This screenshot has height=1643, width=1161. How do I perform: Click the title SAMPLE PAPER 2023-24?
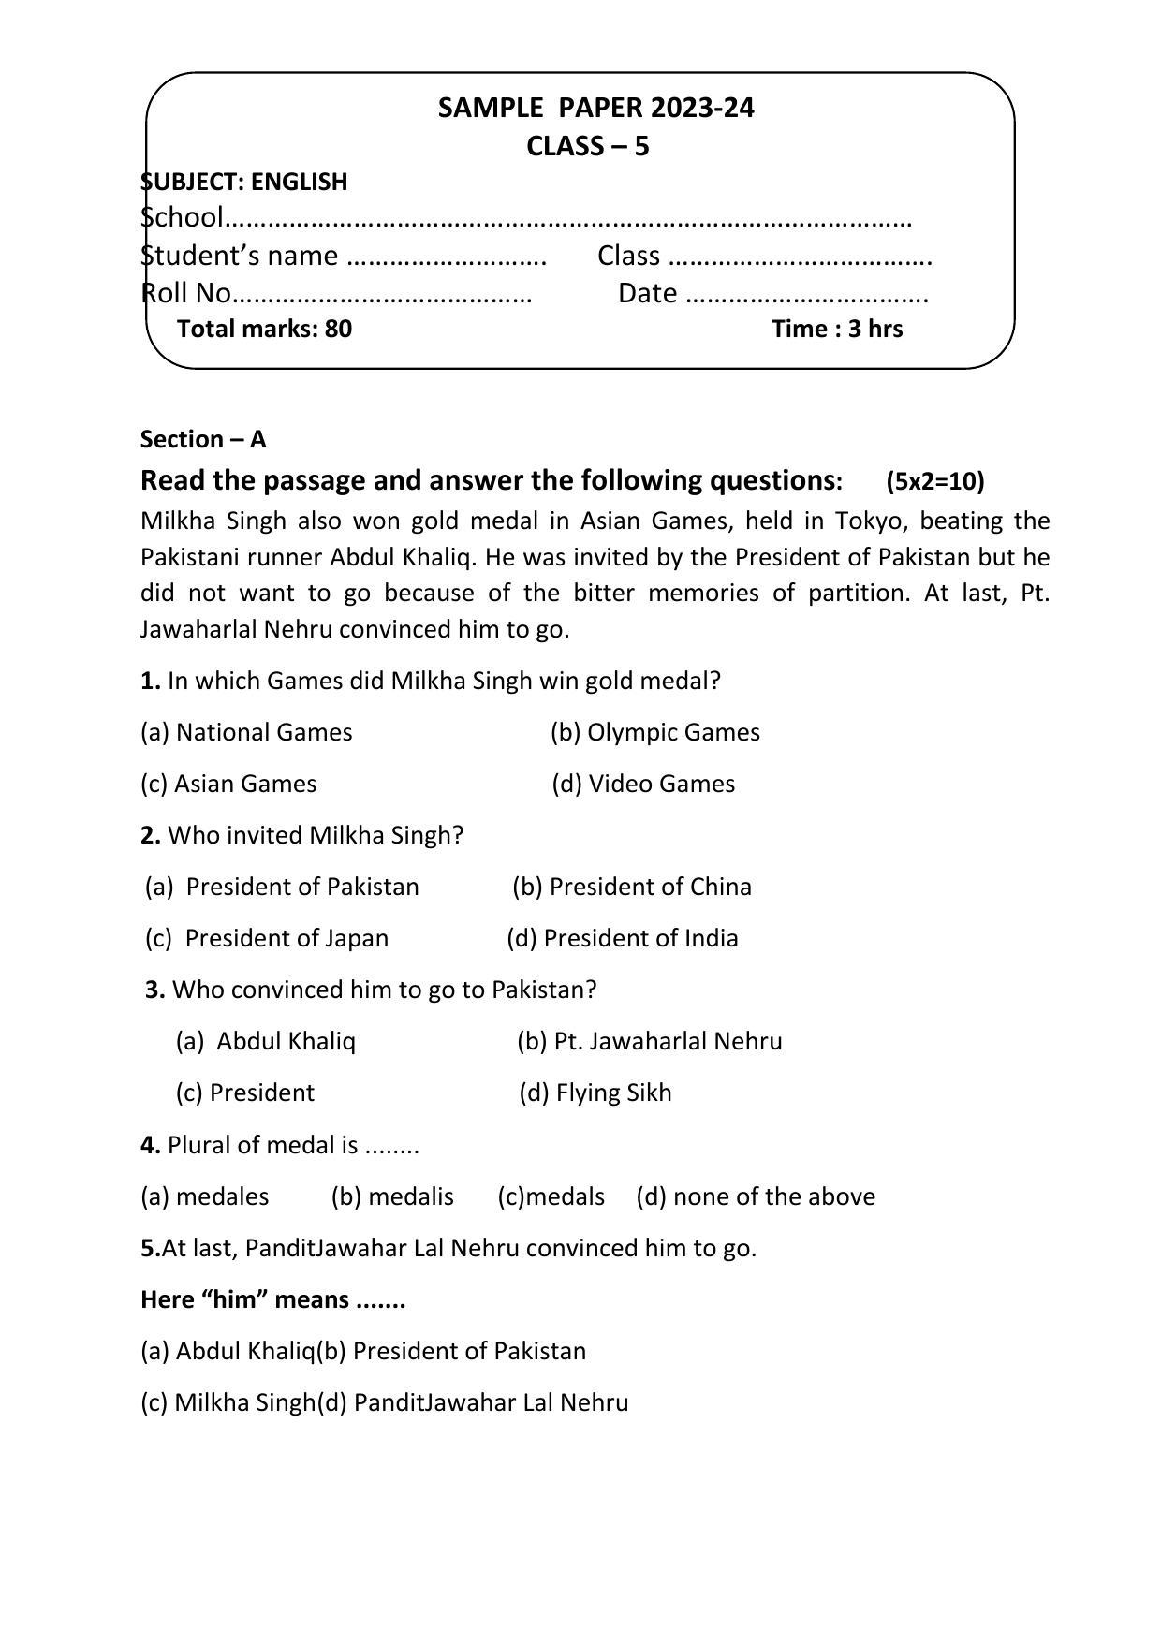pyautogui.click(x=595, y=109)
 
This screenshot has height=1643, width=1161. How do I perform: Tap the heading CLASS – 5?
pyautogui.click(x=587, y=147)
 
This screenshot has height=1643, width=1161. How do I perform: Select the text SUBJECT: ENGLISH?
pyautogui.click(x=244, y=182)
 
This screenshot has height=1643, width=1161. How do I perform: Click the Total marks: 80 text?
pyautogui.click(x=264, y=329)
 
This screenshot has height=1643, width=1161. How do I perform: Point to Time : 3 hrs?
pyautogui.click(x=837, y=329)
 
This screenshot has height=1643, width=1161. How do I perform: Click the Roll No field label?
pyautogui.click(x=186, y=293)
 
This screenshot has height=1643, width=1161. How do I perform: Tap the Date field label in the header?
pyautogui.click(x=647, y=293)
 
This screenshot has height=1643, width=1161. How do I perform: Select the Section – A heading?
pyautogui.click(x=203, y=439)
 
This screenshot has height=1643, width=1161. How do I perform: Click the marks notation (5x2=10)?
pyautogui.click(x=934, y=481)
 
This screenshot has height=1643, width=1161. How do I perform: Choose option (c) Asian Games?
pyautogui.click(x=228, y=784)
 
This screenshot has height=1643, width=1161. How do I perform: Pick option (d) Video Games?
pyautogui.click(x=643, y=784)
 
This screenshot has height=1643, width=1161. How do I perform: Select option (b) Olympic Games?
pyautogui.click(x=654, y=732)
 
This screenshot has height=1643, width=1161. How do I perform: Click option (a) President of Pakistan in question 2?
pyautogui.click(x=282, y=887)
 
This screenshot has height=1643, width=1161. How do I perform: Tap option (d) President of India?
pyautogui.click(x=622, y=938)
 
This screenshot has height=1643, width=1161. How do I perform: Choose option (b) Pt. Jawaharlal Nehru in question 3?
pyautogui.click(x=649, y=1041)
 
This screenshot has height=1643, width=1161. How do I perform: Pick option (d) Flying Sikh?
pyautogui.click(x=595, y=1093)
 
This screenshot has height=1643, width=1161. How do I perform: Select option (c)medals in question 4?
pyautogui.click(x=551, y=1196)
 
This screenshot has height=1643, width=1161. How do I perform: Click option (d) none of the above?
pyautogui.click(x=755, y=1196)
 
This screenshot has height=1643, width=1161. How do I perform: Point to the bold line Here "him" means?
pyautogui.click(x=272, y=1299)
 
